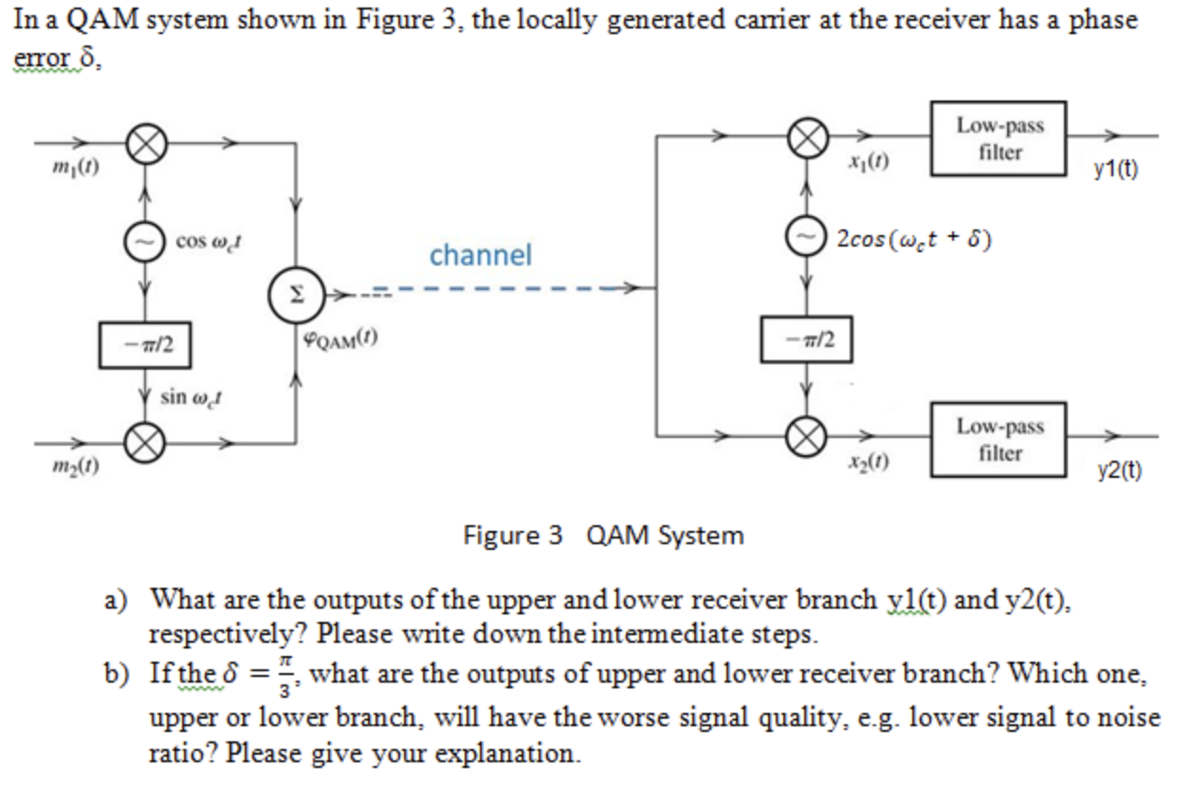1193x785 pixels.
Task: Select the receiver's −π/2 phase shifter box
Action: click(x=806, y=338)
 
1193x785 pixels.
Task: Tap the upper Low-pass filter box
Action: click(x=999, y=138)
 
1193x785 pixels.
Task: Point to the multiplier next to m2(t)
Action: click(x=144, y=441)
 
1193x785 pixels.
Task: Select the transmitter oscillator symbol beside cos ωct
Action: click(x=144, y=243)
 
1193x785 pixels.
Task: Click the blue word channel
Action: click(x=480, y=255)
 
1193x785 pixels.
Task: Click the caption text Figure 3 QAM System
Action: click(x=603, y=536)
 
